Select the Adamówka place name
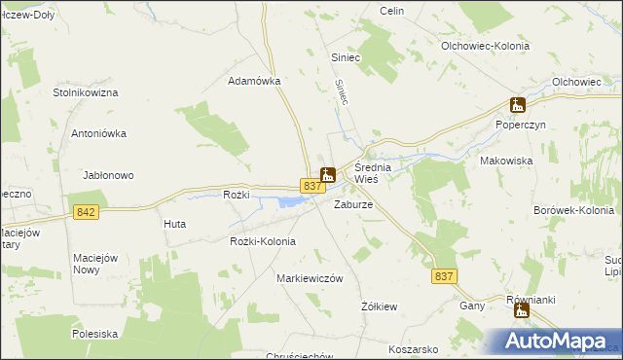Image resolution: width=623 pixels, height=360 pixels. [254, 82]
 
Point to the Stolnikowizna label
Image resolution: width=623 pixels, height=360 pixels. [86, 92]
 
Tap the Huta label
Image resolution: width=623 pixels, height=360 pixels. [174, 224]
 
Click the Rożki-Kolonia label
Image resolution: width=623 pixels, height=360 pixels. [262, 241]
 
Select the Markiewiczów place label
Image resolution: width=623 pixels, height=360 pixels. [311, 278]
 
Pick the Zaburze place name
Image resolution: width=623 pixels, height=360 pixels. [353, 205]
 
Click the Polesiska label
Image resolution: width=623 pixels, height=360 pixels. [94, 334]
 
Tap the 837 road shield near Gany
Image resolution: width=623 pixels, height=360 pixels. [445, 277]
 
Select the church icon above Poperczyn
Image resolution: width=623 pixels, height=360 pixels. [518, 105]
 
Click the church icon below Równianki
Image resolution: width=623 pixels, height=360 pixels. [522, 312]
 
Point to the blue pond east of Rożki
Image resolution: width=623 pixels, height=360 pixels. [290, 201]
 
